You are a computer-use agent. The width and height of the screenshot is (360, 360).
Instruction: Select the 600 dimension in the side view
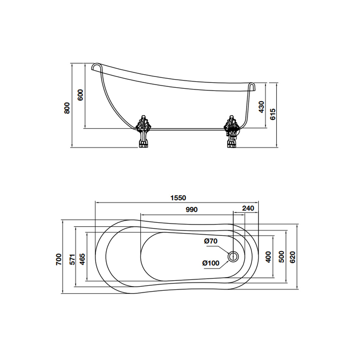(81, 95)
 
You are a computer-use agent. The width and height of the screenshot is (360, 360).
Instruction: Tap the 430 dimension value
(261, 107)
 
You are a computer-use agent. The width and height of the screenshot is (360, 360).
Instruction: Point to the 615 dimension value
(273, 114)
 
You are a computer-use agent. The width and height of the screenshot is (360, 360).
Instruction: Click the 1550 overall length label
(178, 198)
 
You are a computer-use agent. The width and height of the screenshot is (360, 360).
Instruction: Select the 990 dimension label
(192, 210)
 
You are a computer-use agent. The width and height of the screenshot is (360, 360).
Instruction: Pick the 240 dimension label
(248, 208)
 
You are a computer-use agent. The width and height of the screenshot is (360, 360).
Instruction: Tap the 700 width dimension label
(59, 259)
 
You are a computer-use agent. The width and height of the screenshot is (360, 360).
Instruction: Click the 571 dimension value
(72, 259)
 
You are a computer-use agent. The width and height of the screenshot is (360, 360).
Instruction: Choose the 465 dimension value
(82, 259)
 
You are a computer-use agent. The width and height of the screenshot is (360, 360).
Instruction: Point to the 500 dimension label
(281, 257)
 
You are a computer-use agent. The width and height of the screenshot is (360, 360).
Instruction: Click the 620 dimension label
(293, 257)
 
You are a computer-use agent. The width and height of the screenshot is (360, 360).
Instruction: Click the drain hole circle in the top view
(233, 256)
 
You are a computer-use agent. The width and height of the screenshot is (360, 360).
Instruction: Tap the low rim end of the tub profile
(252, 86)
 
